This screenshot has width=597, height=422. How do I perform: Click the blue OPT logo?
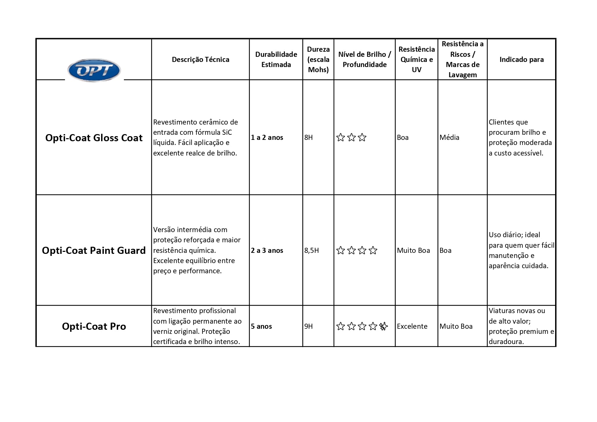click(94, 70)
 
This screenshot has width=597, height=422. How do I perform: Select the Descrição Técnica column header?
click(200, 60)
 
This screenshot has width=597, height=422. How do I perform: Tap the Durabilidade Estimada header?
click(276, 60)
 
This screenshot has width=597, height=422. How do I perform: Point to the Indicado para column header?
click(521, 60)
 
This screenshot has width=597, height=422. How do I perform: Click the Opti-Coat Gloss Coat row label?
click(94, 138)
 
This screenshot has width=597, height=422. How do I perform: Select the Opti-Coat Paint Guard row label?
click(94, 250)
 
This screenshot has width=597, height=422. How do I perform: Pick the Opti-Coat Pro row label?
click(94, 326)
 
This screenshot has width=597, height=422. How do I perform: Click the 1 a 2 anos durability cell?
click(267, 137)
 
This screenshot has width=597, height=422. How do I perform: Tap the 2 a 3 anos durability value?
click(267, 250)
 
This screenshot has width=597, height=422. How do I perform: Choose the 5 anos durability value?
click(261, 326)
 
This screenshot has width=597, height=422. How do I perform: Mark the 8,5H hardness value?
click(311, 250)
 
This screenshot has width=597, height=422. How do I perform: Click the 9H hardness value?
click(308, 326)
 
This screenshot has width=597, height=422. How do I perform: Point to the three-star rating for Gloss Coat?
click(351, 137)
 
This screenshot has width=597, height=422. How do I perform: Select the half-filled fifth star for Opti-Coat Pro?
click(384, 326)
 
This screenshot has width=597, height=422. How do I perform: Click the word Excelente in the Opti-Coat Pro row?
click(412, 326)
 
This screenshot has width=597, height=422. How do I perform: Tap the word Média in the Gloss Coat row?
click(449, 137)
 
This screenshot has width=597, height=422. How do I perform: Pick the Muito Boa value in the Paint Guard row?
click(413, 250)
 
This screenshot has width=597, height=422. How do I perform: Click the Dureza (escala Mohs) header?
click(318, 60)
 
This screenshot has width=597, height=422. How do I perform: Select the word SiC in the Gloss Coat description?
click(227, 132)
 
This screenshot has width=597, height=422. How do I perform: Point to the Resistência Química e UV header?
click(417, 60)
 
